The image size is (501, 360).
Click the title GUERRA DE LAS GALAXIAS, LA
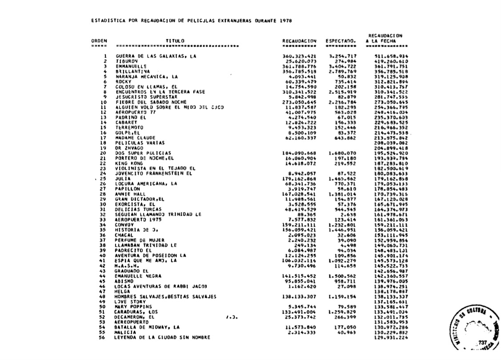tap(156, 56)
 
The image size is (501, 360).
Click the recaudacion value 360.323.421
tap(299, 56)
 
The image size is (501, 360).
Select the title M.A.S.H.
tap(125, 266)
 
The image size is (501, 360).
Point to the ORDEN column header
tap(99, 41)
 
